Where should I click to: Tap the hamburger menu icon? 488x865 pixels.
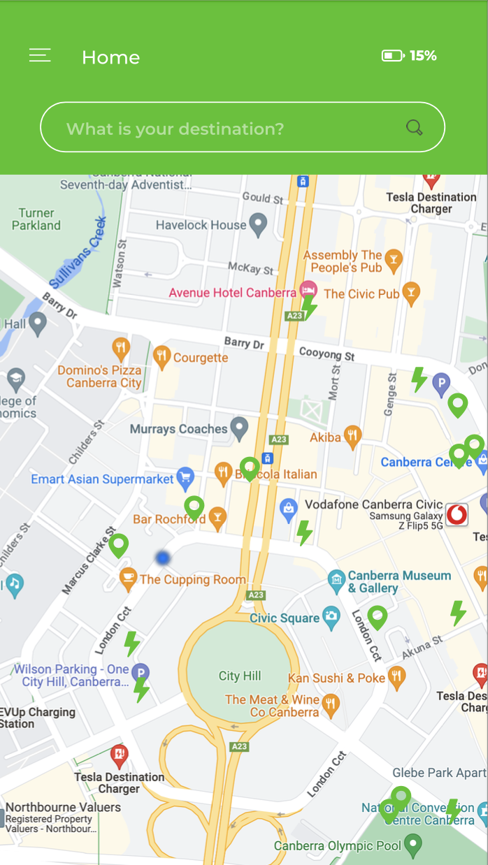coord(40,56)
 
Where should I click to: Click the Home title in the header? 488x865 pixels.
coord(110,57)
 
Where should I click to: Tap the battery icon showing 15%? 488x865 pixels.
coord(392,56)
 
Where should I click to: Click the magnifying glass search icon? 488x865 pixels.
coord(415,127)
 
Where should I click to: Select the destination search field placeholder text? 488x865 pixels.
coord(175,129)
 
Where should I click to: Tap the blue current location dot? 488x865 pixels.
coord(163,558)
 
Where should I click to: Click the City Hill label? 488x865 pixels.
coord(240,676)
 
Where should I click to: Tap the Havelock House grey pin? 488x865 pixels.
coord(259,224)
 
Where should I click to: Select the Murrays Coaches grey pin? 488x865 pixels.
coord(240,428)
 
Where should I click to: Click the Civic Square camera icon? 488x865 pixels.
coord(331,616)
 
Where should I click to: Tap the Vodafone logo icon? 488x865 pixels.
coord(457,514)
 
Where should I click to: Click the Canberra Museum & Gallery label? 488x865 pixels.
coord(399,581)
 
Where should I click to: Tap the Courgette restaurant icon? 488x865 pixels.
coord(162,357)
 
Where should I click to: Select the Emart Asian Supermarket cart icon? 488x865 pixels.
coord(185,479)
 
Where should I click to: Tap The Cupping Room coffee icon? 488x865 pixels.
coord(127,578)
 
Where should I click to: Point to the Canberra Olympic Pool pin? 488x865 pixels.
coord(414,845)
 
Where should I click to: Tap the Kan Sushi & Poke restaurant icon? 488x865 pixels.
coord(397,676)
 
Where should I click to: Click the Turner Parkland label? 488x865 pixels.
coord(36,219)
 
